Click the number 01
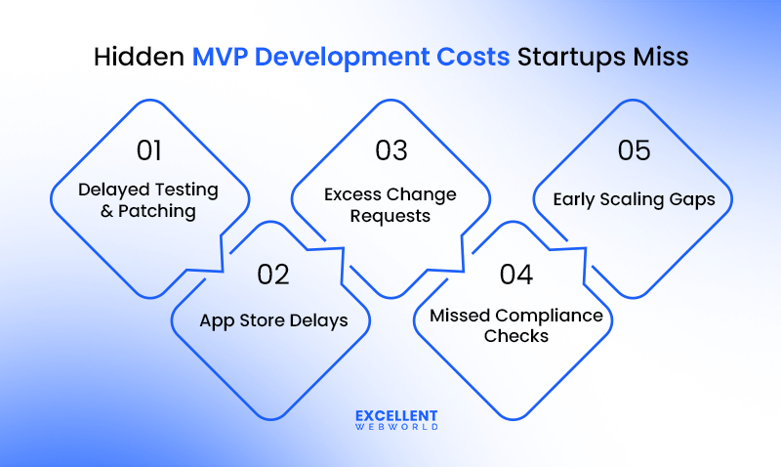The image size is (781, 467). [x=149, y=150]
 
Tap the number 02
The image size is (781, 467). [x=273, y=275]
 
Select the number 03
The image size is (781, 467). [x=391, y=150]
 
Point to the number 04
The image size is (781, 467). [x=515, y=275]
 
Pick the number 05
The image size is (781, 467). [x=634, y=150]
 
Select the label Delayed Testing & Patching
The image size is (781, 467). [x=148, y=200]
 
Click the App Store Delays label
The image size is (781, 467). [x=273, y=320]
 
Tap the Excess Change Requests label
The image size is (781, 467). [x=390, y=204]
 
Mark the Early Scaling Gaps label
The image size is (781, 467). [x=634, y=199]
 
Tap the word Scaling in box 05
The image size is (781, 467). [x=632, y=199]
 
